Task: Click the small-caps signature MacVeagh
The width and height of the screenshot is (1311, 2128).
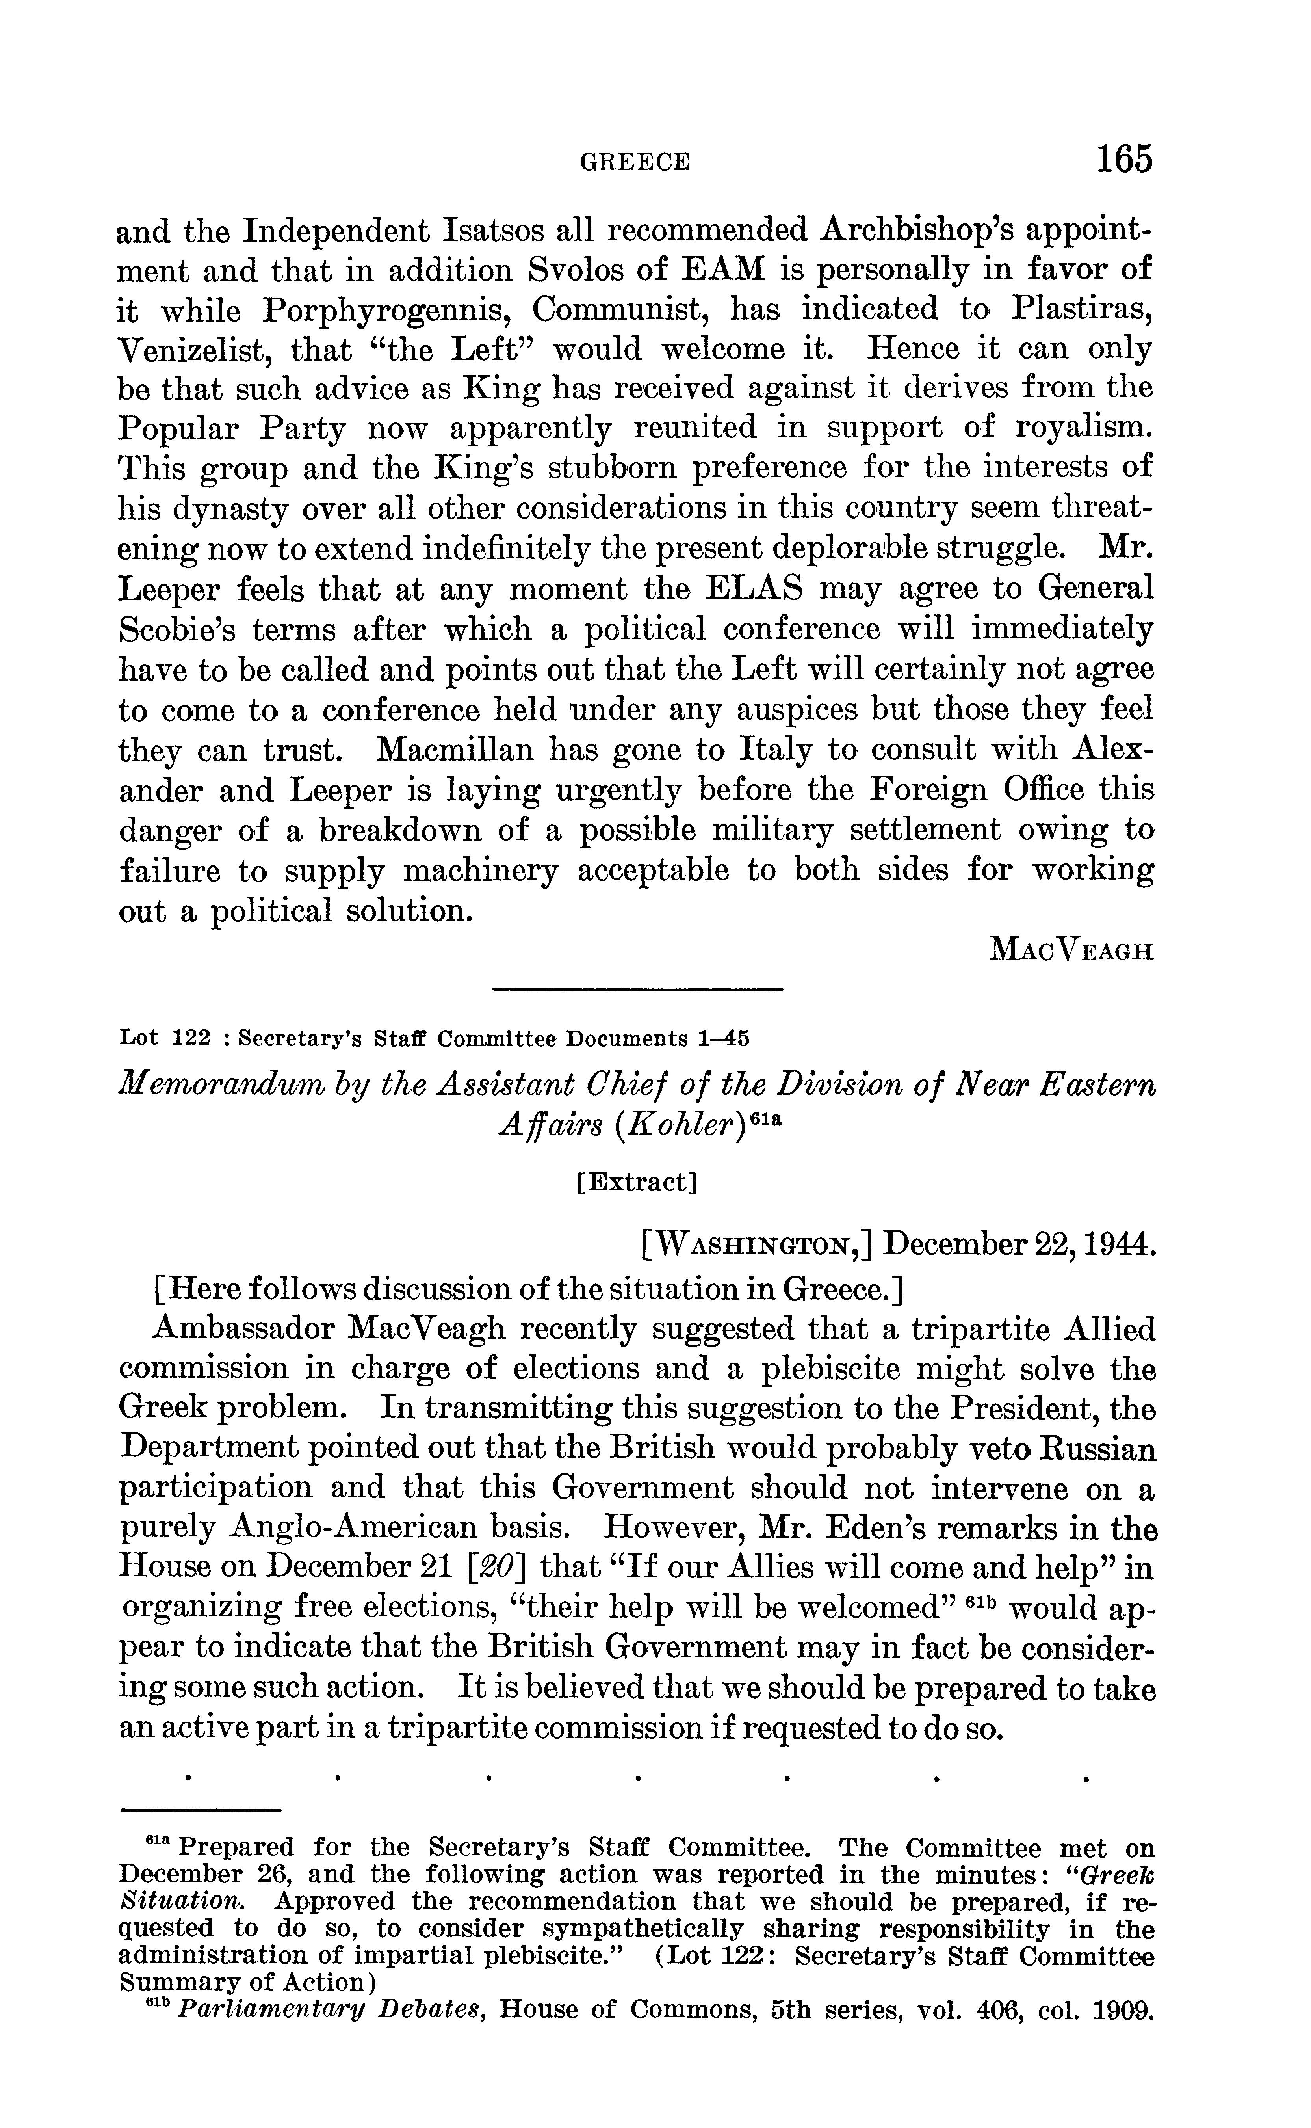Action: (1071, 951)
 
